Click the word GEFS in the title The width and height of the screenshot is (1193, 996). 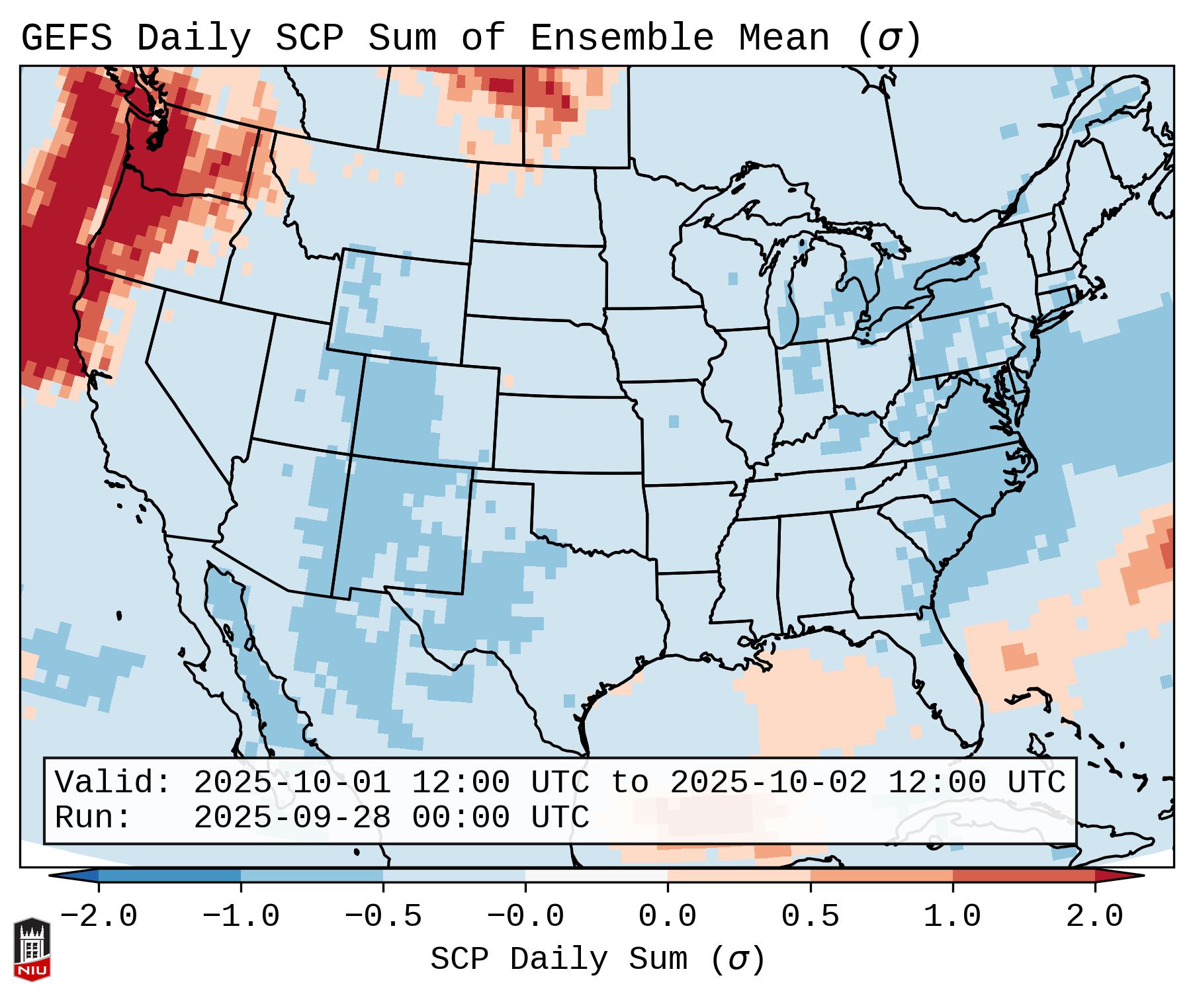coord(66,38)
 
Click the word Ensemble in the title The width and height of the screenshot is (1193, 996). coord(622,38)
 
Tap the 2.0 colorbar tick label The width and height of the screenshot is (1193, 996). coord(1094,917)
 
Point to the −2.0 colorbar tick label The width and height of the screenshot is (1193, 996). coord(99,917)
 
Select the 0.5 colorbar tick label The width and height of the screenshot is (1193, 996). coord(810,917)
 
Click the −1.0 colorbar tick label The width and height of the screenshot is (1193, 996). coord(241,917)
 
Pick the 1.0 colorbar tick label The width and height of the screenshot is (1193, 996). coord(952,917)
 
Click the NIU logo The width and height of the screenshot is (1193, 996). coord(32,949)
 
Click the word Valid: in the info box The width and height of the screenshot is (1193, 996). coord(113,783)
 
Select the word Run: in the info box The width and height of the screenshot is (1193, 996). coord(93,818)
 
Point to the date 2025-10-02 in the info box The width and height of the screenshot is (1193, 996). coord(768,783)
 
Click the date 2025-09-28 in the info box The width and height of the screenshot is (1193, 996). coord(292,818)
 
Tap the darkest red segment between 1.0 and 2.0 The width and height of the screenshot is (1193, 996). coord(1024,876)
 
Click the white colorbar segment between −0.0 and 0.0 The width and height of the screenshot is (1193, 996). coord(596,876)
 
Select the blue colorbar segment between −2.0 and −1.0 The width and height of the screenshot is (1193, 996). coord(169,876)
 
